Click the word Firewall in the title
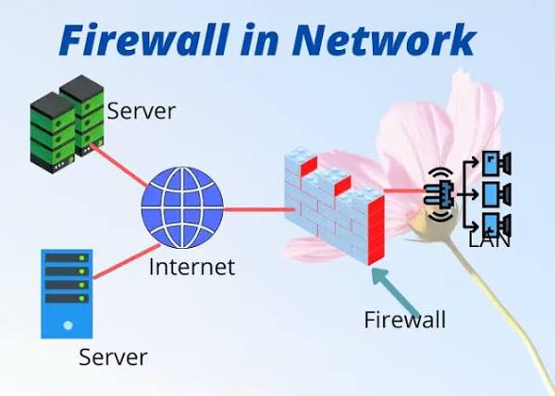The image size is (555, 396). pos(144,40)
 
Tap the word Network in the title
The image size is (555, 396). pos(384,40)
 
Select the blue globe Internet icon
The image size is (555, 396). pos(182,207)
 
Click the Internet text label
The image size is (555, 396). pos(192,267)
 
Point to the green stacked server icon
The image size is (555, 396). pos(67,124)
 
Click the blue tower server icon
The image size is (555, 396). pos(67,294)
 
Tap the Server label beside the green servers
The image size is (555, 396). pos(141,111)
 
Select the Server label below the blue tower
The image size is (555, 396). pos(113,357)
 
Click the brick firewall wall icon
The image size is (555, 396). pos(334,206)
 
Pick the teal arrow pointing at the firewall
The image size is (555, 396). pos(396,291)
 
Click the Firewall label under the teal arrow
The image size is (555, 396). pos(405,320)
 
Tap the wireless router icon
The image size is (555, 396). pos(439,194)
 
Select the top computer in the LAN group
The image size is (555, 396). pos(496,163)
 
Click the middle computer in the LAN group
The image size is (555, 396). pos(496,194)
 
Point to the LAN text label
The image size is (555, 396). pos(490,240)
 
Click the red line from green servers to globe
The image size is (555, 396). pos(119,165)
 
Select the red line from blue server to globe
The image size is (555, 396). pos(126,261)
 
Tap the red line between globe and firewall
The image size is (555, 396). pos(259,209)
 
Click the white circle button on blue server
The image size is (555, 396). pos(68,325)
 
